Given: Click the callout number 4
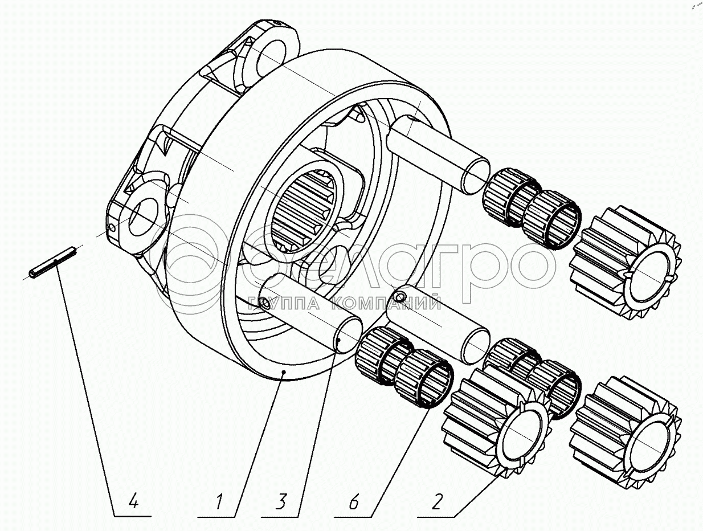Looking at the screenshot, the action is (133, 502).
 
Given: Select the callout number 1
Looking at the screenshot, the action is (218, 503).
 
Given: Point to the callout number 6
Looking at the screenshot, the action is (353, 503).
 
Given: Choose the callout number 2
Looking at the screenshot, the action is (437, 503).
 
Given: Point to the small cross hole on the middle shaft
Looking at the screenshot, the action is (401, 296).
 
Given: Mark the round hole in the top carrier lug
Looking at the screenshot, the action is (272, 54).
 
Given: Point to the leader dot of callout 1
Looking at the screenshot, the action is (284, 371).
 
